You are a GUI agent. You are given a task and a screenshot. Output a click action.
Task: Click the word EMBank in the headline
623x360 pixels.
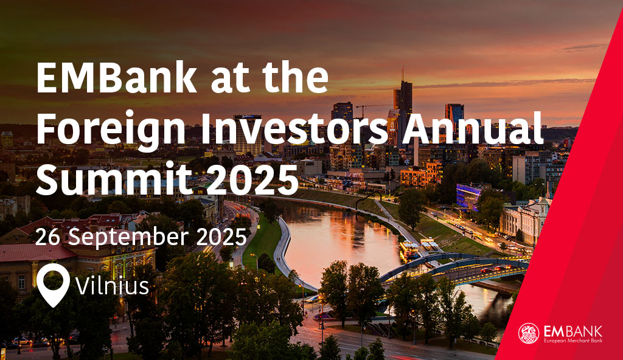point(116,77)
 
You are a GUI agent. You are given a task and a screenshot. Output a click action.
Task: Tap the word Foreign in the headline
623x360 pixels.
point(111,129)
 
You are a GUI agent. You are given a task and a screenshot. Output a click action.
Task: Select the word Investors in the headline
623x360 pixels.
point(294,128)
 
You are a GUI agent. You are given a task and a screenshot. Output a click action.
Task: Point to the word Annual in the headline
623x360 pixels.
point(472,128)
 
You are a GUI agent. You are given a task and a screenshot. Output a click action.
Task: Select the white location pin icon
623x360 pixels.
point(53,285)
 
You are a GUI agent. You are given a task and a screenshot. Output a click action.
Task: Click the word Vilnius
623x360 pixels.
point(113,285)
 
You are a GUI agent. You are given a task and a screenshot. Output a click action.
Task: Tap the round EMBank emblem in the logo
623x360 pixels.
point(529,333)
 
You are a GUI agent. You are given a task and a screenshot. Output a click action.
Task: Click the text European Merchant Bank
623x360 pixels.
point(573,341)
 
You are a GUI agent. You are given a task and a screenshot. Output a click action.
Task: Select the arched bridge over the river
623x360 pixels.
point(453,266)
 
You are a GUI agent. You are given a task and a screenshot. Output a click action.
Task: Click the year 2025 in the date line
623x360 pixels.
point(221,237)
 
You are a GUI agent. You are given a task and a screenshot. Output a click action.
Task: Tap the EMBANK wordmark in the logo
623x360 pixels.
point(573,331)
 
